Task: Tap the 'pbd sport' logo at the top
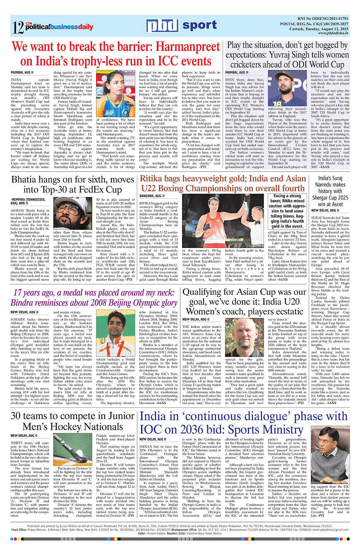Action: click(x=182, y=26)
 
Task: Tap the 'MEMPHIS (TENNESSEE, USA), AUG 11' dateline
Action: click(x=29, y=201)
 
